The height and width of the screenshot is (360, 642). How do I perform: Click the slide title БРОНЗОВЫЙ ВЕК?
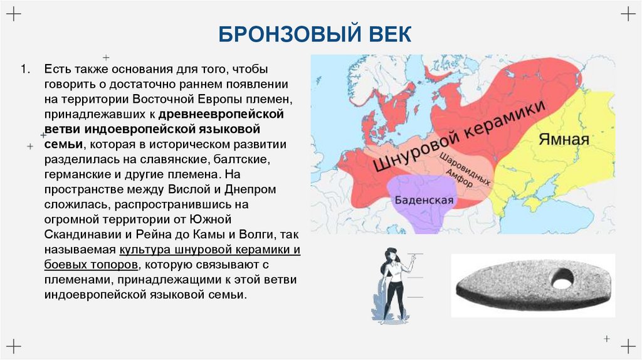[315, 34]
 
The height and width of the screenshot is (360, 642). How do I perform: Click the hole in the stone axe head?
[562, 278]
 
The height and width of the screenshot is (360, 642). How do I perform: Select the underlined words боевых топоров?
[92, 264]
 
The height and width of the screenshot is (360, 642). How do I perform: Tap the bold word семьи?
[60, 145]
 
